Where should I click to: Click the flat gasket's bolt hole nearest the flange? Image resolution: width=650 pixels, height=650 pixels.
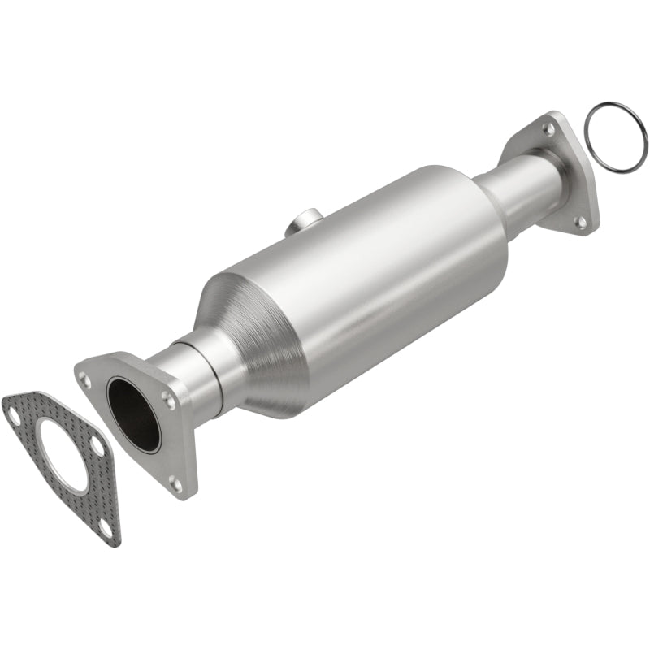(x=97, y=446)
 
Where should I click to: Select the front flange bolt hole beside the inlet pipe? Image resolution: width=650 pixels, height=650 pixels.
(x=168, y=397)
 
